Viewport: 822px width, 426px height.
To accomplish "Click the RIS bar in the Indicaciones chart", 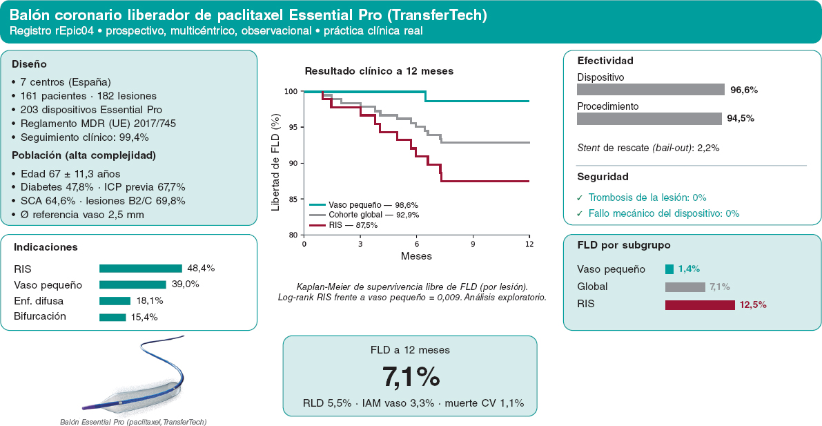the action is (141, 269).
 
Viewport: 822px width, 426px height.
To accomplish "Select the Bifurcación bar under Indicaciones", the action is (112, 317).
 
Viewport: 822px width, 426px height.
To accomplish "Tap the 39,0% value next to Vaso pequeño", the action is (186, 285).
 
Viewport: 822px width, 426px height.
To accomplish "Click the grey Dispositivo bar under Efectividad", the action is (651, 90).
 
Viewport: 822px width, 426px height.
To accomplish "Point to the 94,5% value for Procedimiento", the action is (741, 119).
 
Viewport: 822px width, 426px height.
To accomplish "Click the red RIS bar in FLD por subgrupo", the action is (700, 304).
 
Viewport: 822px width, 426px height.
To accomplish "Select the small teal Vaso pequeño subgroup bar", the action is (669, 269).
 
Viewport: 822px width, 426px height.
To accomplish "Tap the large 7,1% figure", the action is (411, 376).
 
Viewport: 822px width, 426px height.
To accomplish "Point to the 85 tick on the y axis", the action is (293, 199).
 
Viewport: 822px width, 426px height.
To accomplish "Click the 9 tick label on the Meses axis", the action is (473, 244).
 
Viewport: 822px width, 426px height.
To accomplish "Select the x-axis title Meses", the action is (416, 257).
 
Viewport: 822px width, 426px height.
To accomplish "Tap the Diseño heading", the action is (29, 64).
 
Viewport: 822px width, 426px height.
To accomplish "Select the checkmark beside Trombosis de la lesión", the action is (580, 197).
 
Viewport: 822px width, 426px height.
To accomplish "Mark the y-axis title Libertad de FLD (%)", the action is (276, 164).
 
